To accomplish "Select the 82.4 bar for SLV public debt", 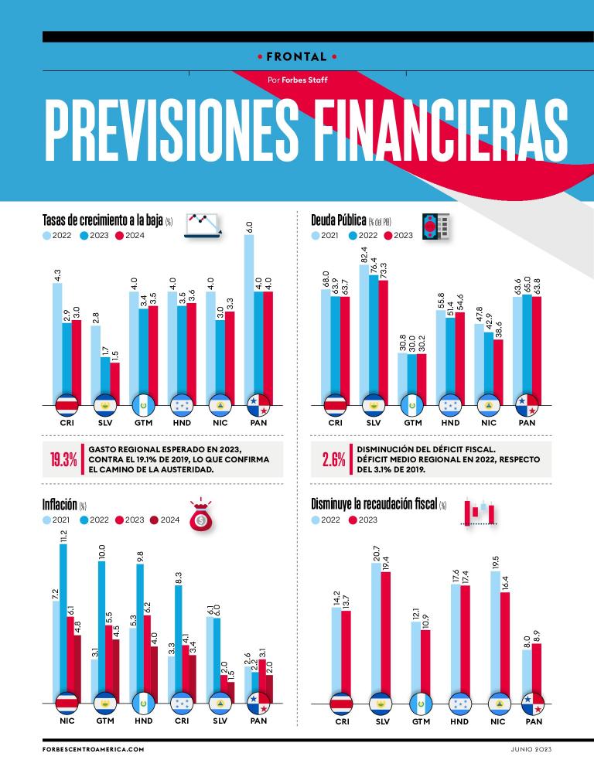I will tap(364, 332).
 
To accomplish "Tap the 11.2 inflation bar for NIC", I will tap(63, 619).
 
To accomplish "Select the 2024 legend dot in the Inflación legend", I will tap(153, 520).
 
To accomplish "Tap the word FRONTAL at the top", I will tap(296, 56).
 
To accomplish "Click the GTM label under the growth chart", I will tap(143, 423).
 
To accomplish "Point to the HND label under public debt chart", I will tap(449, 423).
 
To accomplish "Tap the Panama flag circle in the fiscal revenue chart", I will tap(532, 704).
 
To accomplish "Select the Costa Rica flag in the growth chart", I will tap(67, 405).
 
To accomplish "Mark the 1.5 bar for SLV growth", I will tap(114, 383).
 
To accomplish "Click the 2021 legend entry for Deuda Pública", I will tap(325, 236).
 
